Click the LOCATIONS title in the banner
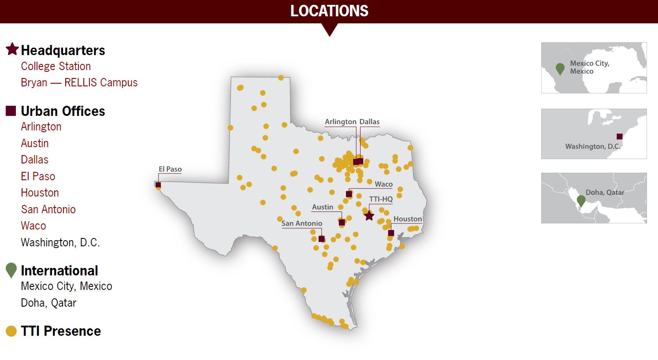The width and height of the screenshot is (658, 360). point(329,11)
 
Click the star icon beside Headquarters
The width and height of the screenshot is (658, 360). point(12,49)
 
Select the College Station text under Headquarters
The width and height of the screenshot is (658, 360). point(56,67)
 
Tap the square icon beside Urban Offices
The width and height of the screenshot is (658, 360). point(11,111)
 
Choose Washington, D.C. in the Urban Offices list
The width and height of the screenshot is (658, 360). point(60,242)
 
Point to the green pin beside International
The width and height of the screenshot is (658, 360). point(11,270)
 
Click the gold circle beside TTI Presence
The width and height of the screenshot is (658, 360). point(11,331)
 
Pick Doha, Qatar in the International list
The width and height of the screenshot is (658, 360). point(48,303)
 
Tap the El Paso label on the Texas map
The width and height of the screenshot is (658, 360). point(170,169)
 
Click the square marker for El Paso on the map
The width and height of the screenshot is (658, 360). point(158,185)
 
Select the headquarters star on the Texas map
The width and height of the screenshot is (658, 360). point(369,216)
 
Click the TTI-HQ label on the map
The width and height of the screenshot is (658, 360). point(381,199)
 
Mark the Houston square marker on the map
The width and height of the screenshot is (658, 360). point(391,233)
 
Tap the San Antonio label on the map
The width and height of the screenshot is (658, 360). point(302,223)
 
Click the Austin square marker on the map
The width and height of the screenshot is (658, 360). point(342,223)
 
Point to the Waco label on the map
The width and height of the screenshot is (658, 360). point(383,184)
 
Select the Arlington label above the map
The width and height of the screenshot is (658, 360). point(340,122)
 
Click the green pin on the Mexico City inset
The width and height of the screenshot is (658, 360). point(560,68)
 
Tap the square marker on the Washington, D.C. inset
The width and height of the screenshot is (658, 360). point(619,137)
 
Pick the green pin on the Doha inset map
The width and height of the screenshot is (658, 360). point(581,200)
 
